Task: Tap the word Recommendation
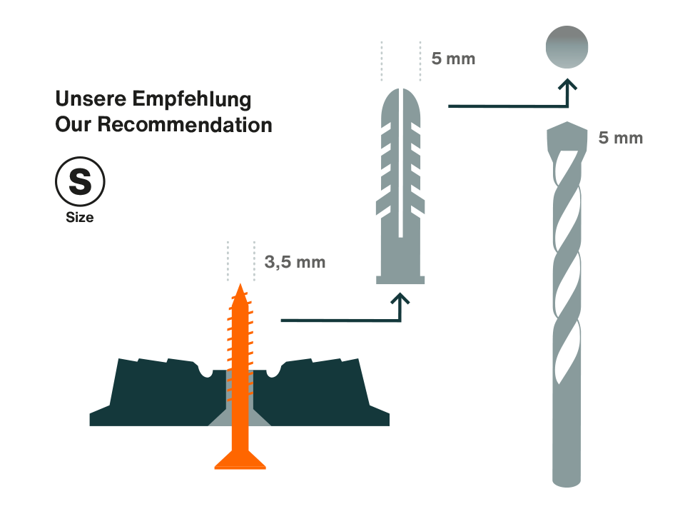(186, 124)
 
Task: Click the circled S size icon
(80, 181)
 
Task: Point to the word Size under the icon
(79, 218)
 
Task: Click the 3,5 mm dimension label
(295, 262)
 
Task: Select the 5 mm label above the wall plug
(453, 59)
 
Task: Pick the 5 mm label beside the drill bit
(619, 138)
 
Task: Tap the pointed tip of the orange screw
(240, 288)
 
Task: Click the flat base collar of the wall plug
(400, 278)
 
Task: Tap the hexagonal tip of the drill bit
(567, 136)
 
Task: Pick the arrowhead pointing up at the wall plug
(400, 303)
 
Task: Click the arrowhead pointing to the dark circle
(567, 86)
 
